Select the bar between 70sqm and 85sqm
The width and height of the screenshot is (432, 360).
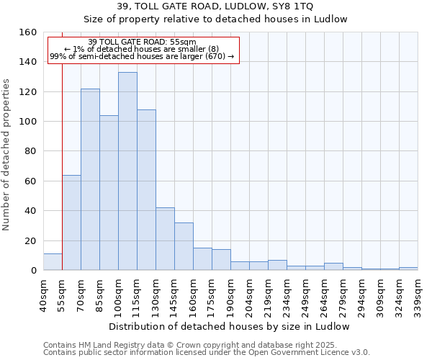[90, 179]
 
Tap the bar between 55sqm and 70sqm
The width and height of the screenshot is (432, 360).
[71, 222]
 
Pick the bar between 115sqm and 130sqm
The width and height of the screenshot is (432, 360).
[146, 190]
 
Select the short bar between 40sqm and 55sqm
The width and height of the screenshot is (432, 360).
[53, 262]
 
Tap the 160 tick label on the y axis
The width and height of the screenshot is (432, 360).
[28, 32]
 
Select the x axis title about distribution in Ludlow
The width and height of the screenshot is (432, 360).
[230, 326]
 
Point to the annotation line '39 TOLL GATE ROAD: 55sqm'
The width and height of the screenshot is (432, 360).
[142, 42]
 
